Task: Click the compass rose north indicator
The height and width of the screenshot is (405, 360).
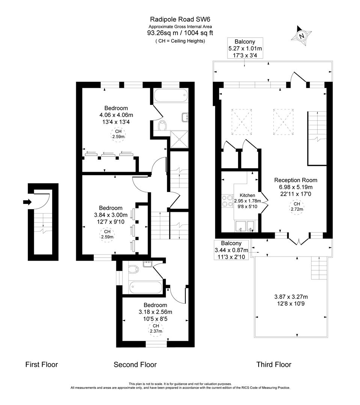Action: coord(301,36)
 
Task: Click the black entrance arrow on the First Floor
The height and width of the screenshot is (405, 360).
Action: coord(27,202)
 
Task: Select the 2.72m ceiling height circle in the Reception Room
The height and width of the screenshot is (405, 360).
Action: coord(297,207)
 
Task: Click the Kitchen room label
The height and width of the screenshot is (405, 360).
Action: coord(247,195)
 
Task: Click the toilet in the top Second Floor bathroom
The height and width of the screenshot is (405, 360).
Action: coord(163,125)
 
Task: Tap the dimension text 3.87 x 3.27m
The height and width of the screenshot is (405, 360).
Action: coord(288,297)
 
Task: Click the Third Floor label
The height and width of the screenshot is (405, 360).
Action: coord(274,364)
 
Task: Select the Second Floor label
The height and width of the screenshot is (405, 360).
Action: coord(135,364)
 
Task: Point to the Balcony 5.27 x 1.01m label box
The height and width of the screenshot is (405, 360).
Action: coord(245,48)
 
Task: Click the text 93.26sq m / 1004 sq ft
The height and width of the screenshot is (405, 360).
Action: coord(180,33)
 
